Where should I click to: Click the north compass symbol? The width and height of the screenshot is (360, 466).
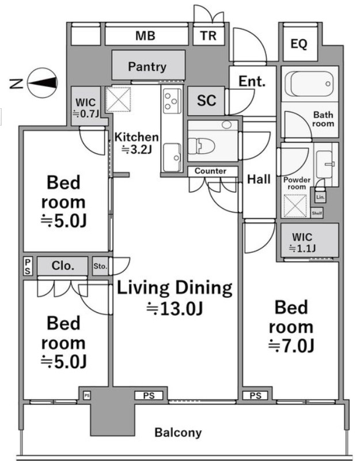click(42, 83)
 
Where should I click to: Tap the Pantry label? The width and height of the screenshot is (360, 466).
click(147, 67)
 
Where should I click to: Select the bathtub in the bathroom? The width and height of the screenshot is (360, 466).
click(309, 84)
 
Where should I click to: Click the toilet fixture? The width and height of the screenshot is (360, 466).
click(202, 146)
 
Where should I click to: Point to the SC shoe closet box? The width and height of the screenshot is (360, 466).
click(206, 101)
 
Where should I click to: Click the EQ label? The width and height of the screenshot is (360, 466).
click(299, 44)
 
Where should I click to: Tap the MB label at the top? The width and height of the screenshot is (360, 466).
click(145, 36)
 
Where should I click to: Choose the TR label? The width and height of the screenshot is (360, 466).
click(208, 36)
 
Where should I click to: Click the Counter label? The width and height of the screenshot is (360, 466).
click(210, 171)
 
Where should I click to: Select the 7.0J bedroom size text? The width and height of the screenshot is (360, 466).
click(291, 346)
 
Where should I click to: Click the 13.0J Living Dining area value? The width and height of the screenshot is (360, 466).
click(175, 309)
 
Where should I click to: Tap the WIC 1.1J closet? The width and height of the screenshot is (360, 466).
click(310, 240)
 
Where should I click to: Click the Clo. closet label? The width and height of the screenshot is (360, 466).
click(63, 266)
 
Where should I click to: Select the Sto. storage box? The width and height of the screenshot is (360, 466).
click(100, 266)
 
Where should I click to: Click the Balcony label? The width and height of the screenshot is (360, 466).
click(178, 433)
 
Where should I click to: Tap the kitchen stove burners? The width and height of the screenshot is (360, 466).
click(172, 101)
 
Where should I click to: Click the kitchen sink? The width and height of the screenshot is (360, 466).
click(172, 157)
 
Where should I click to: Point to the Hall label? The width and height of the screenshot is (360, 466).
click(259, 179)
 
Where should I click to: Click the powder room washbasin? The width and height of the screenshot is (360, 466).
click(324, 164)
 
